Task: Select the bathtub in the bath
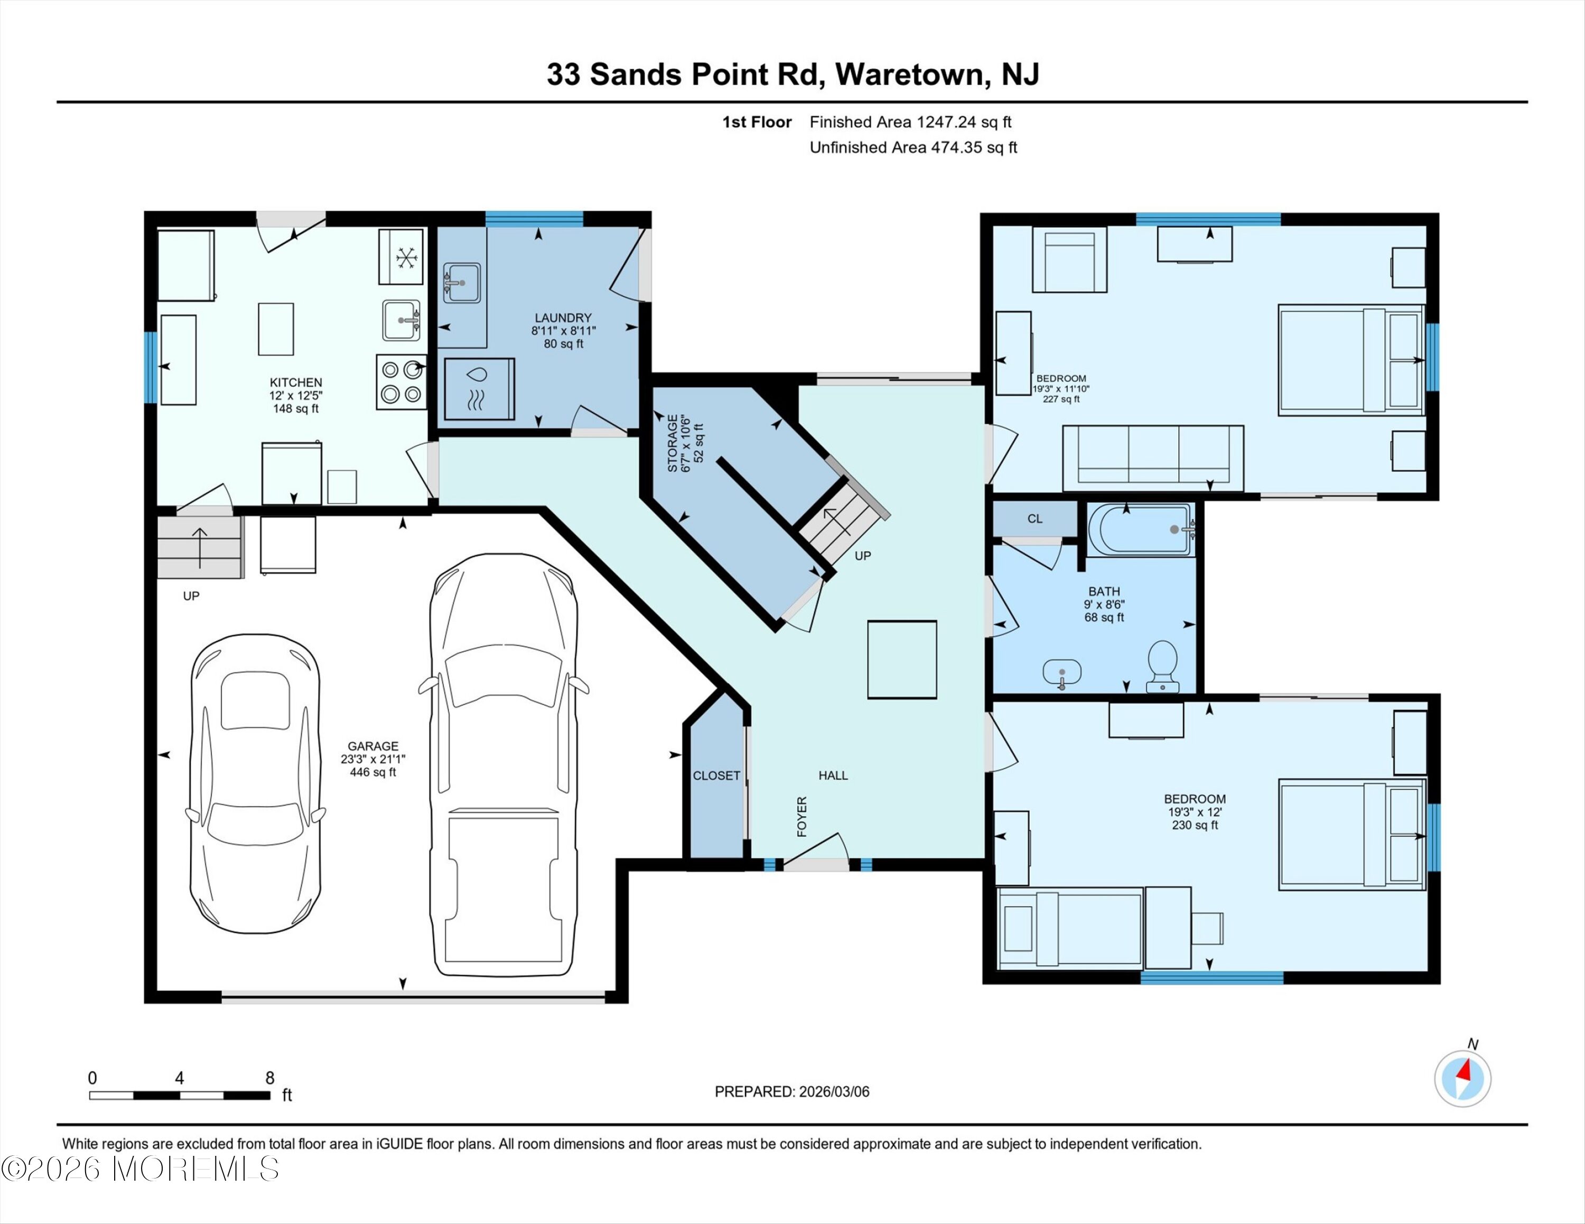[x=1140, y=530]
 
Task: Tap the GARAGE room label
[x=373, y=746]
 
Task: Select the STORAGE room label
[x=673, y=443]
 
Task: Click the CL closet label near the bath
[x=1035, y=519]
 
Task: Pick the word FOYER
[x=802, y=816]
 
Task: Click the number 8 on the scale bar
[x=270, y=1078]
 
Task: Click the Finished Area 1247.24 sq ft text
[x=911, y=122]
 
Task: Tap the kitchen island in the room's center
[x=276, y=330]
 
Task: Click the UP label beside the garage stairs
[x=191, y=596]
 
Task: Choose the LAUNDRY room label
[x=563, y=318]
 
